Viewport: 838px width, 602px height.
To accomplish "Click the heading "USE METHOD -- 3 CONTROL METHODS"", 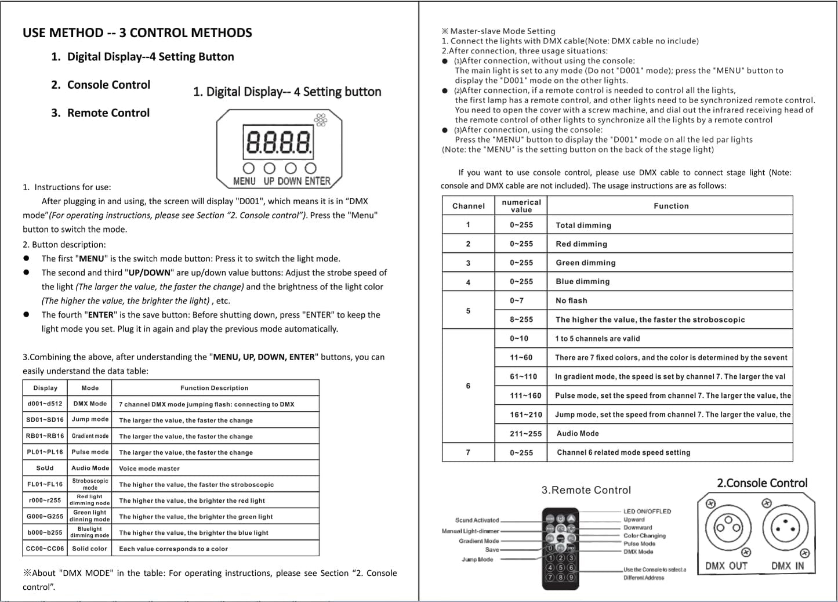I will click(137, 32).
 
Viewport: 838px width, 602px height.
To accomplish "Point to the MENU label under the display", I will click(244, 181).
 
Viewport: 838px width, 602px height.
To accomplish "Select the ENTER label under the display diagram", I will click(317, 181).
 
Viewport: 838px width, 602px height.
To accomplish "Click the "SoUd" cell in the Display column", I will click(45, 468).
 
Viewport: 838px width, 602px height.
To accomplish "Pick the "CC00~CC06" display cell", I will click(45, 548).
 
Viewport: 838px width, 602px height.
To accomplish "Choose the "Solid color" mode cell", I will click(90, 548).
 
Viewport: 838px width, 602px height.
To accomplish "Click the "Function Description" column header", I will click(215, 388).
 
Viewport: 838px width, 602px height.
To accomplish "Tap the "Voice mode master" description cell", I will click(150, 469).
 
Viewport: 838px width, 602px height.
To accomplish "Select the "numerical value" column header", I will click(521, 206).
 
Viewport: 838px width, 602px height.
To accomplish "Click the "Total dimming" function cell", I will click(583, 225).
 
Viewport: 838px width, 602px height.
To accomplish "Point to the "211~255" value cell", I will click(525, 433).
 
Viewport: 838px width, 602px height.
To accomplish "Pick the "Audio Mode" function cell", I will click(578, 433).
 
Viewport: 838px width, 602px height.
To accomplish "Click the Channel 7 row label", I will click(468, 452).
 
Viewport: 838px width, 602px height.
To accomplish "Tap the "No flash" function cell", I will click(571, 300).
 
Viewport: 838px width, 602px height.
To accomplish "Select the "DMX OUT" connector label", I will click(726, 566).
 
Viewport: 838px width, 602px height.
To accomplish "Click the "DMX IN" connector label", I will click(788, 566).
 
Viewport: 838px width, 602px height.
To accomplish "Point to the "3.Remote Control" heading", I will click(586, 490).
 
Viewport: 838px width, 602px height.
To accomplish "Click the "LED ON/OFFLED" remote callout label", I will click(647, 512).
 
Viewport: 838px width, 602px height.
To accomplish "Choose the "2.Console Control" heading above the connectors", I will click(762, 483).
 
